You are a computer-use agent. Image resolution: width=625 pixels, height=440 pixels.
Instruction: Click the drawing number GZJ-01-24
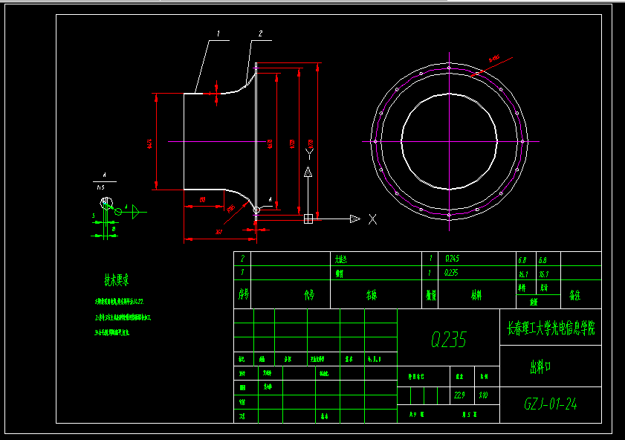551,404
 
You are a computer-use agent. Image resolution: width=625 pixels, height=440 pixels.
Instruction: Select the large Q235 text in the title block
449,340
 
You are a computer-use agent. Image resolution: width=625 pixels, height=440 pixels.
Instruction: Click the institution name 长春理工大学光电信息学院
551,328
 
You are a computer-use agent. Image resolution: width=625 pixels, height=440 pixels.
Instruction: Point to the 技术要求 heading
116,280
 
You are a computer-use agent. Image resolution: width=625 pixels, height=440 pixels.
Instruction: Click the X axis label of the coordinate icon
372,219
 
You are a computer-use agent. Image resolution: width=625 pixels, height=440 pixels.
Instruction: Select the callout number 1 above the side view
218,33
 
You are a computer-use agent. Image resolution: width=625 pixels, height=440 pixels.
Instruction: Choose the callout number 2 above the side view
260,33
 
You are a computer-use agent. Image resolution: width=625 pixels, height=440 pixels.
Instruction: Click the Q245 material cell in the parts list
453,259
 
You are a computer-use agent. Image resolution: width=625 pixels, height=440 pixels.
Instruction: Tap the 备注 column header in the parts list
574,294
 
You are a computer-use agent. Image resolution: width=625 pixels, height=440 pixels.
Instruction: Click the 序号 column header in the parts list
242,294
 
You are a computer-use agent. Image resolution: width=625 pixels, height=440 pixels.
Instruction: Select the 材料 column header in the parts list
476,294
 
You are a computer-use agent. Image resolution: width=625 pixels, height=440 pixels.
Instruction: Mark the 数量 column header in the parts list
431,294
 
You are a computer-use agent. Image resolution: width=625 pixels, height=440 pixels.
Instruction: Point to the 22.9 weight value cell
459,395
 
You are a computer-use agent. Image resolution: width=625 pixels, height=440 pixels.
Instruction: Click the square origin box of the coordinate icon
308,219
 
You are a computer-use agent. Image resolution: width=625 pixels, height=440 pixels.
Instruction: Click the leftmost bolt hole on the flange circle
375,141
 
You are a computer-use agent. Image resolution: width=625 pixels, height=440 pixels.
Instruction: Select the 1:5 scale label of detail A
100,189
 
